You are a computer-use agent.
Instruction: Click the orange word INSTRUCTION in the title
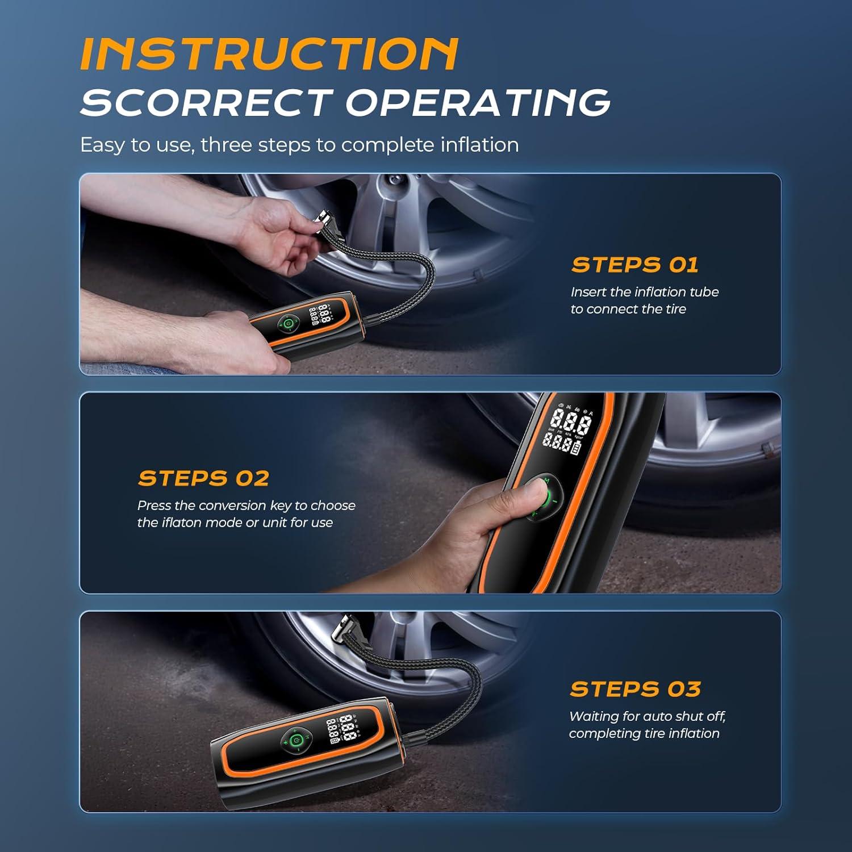point(269,55)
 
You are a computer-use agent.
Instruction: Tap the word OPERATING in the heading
point(478,103)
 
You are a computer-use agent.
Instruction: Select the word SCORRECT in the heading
point(206,103)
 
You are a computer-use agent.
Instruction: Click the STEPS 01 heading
point(634,265)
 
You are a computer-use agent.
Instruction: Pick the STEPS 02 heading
point(203,478)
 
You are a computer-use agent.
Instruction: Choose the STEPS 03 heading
point(635,689)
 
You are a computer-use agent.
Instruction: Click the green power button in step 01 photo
point(289,324)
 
